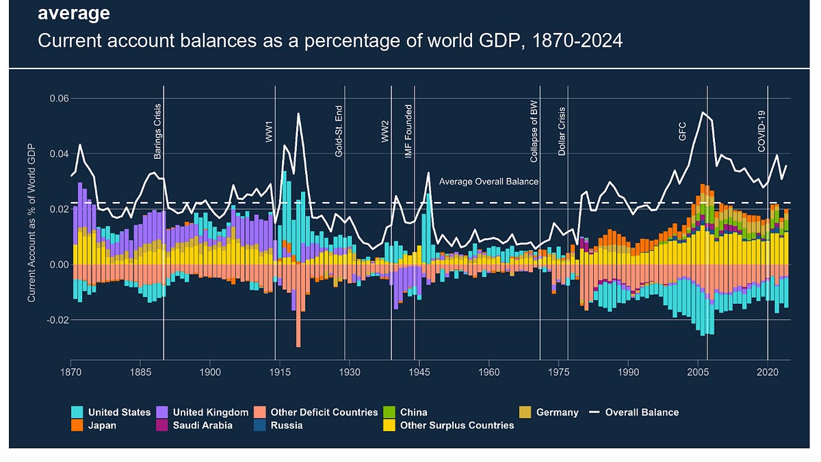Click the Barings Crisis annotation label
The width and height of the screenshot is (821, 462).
[158, 131]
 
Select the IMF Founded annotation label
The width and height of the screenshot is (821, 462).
[408, 131]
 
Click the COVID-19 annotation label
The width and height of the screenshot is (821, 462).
[761, 131]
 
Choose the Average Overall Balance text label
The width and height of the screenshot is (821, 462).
[488, 181]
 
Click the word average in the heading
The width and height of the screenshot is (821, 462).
[74, 13]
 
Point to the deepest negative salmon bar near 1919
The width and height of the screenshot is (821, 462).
[298, 329]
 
